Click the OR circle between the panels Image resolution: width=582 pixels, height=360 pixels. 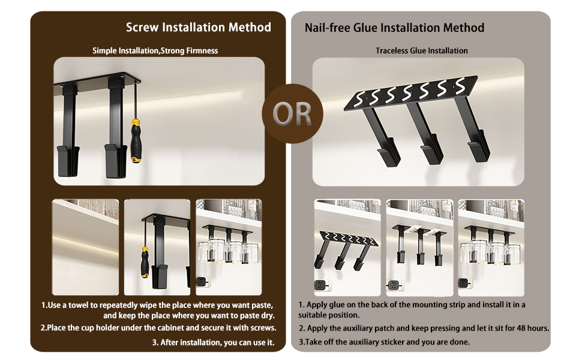(x=292, y=113)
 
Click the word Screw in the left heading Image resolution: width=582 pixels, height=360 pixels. (x=142, y=27)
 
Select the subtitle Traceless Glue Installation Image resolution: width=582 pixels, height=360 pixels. (x=421, y=50)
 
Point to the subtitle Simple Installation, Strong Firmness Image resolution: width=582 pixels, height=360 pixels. (x=155, y=50)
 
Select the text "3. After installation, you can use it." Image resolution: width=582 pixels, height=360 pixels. (x=213, y=342)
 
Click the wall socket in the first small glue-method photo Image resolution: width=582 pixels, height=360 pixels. (x=320, y=285)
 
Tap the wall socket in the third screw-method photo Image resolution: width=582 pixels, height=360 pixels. (x=202, y=281)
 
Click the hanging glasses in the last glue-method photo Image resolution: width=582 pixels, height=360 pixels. (x=490, y=252)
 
